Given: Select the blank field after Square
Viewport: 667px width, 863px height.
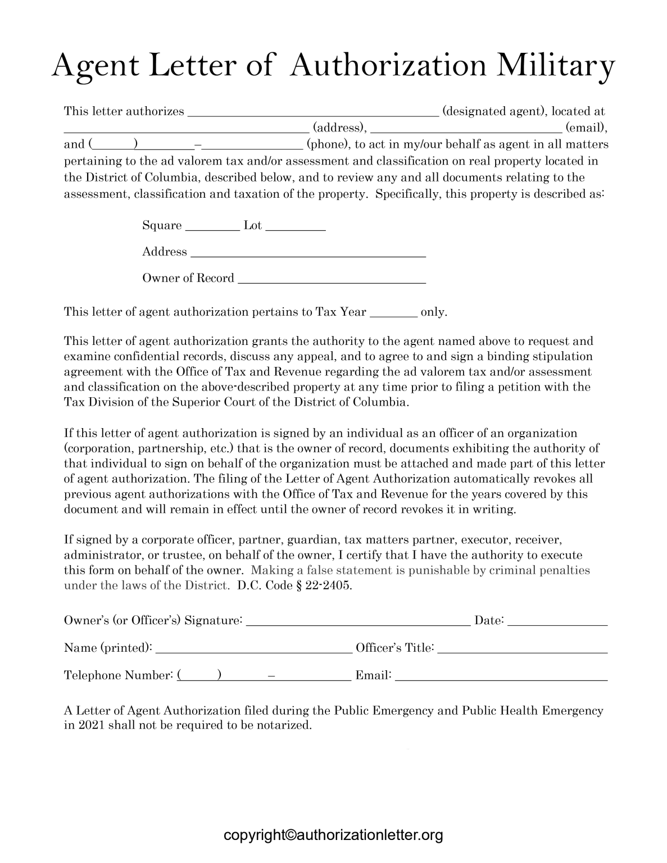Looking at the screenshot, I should (x=212, y=226).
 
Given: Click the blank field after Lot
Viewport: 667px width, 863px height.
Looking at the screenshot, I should (x=296, y=226).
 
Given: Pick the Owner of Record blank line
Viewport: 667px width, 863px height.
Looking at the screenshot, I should (x=332, y=279).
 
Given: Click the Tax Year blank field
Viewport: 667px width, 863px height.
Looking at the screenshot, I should (x=394, y=313).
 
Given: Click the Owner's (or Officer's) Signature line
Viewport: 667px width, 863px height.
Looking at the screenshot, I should (x=358, y=621).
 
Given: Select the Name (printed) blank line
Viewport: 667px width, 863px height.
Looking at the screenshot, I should (x=253, y=648).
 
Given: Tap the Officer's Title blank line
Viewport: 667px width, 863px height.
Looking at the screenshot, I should (x=522, y=648).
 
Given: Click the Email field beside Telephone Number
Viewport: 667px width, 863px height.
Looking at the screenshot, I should (x=501, y=676).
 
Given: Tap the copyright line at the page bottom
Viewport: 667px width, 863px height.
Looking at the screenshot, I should (x=333, y=835).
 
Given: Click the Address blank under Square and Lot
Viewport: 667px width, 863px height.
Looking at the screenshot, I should (x=308, y=252).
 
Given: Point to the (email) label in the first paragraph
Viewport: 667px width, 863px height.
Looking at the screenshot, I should (x=586, y=128).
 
